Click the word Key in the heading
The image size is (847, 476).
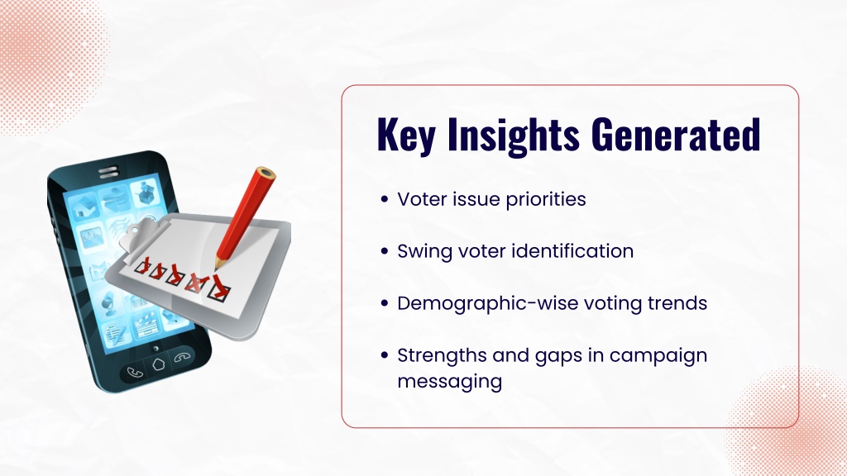(x=405, y=135)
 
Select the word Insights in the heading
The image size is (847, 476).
(x=513, y=135)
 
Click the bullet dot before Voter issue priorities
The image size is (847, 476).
(x=385, y=199)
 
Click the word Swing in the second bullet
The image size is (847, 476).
(x=424, y=251)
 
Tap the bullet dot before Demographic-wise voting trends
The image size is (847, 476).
(x=385, y=303)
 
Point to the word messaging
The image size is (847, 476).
(x=450, y=382)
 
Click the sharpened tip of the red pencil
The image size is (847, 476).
(x=218, y=265)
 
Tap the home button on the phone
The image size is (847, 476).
(x=158, y=364)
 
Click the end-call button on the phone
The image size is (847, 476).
(x=182, y=357)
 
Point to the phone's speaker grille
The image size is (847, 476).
(x=108, y=173)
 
